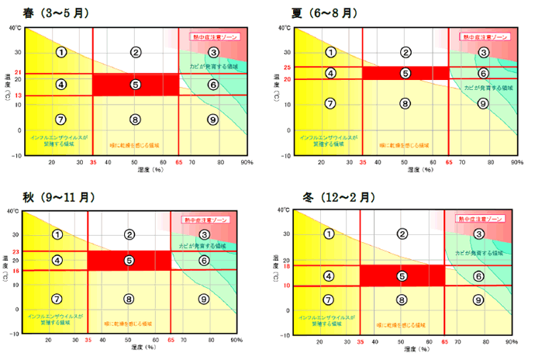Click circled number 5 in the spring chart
[x=135, y=85]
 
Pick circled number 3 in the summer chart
[x=483, y=52]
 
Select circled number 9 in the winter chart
[x=478, y=300]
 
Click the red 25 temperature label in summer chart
[x=287, y=67]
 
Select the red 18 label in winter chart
[x=286, y=265]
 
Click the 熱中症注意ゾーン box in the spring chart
[x=214, y=36]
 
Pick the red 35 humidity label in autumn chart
[x=88, y=341]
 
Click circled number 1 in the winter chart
[x=329, y=234]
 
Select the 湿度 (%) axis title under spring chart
[x=135, y=169]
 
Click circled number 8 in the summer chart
[x=405, y=103]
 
